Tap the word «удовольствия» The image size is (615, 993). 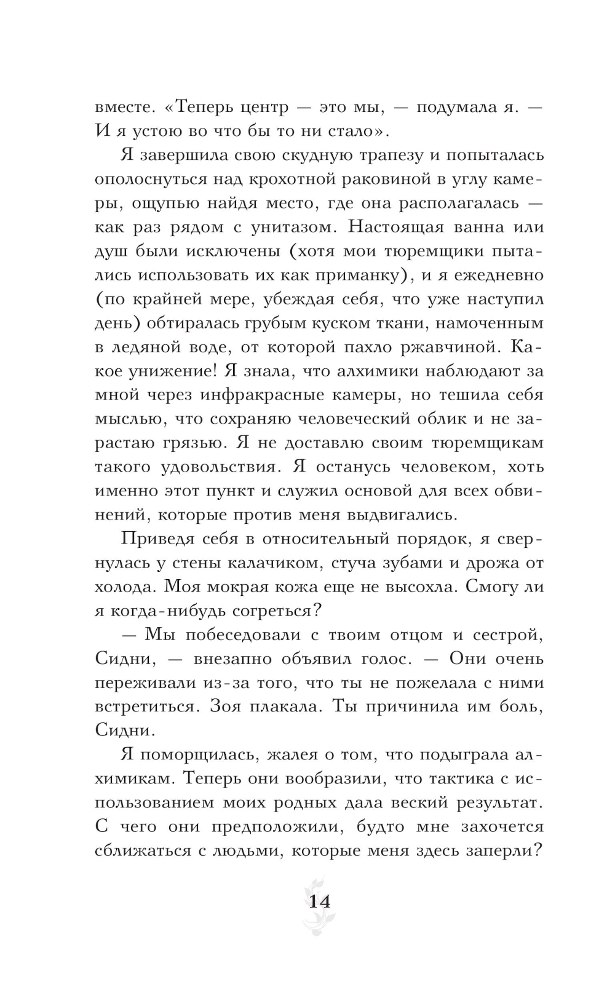click(213, 467)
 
